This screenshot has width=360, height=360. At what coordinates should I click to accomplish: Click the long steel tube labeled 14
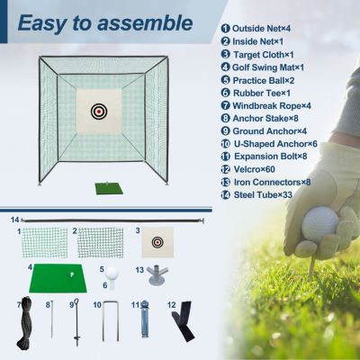[x=117, y=220]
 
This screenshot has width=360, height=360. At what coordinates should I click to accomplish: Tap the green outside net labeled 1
[x=46, y=241]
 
